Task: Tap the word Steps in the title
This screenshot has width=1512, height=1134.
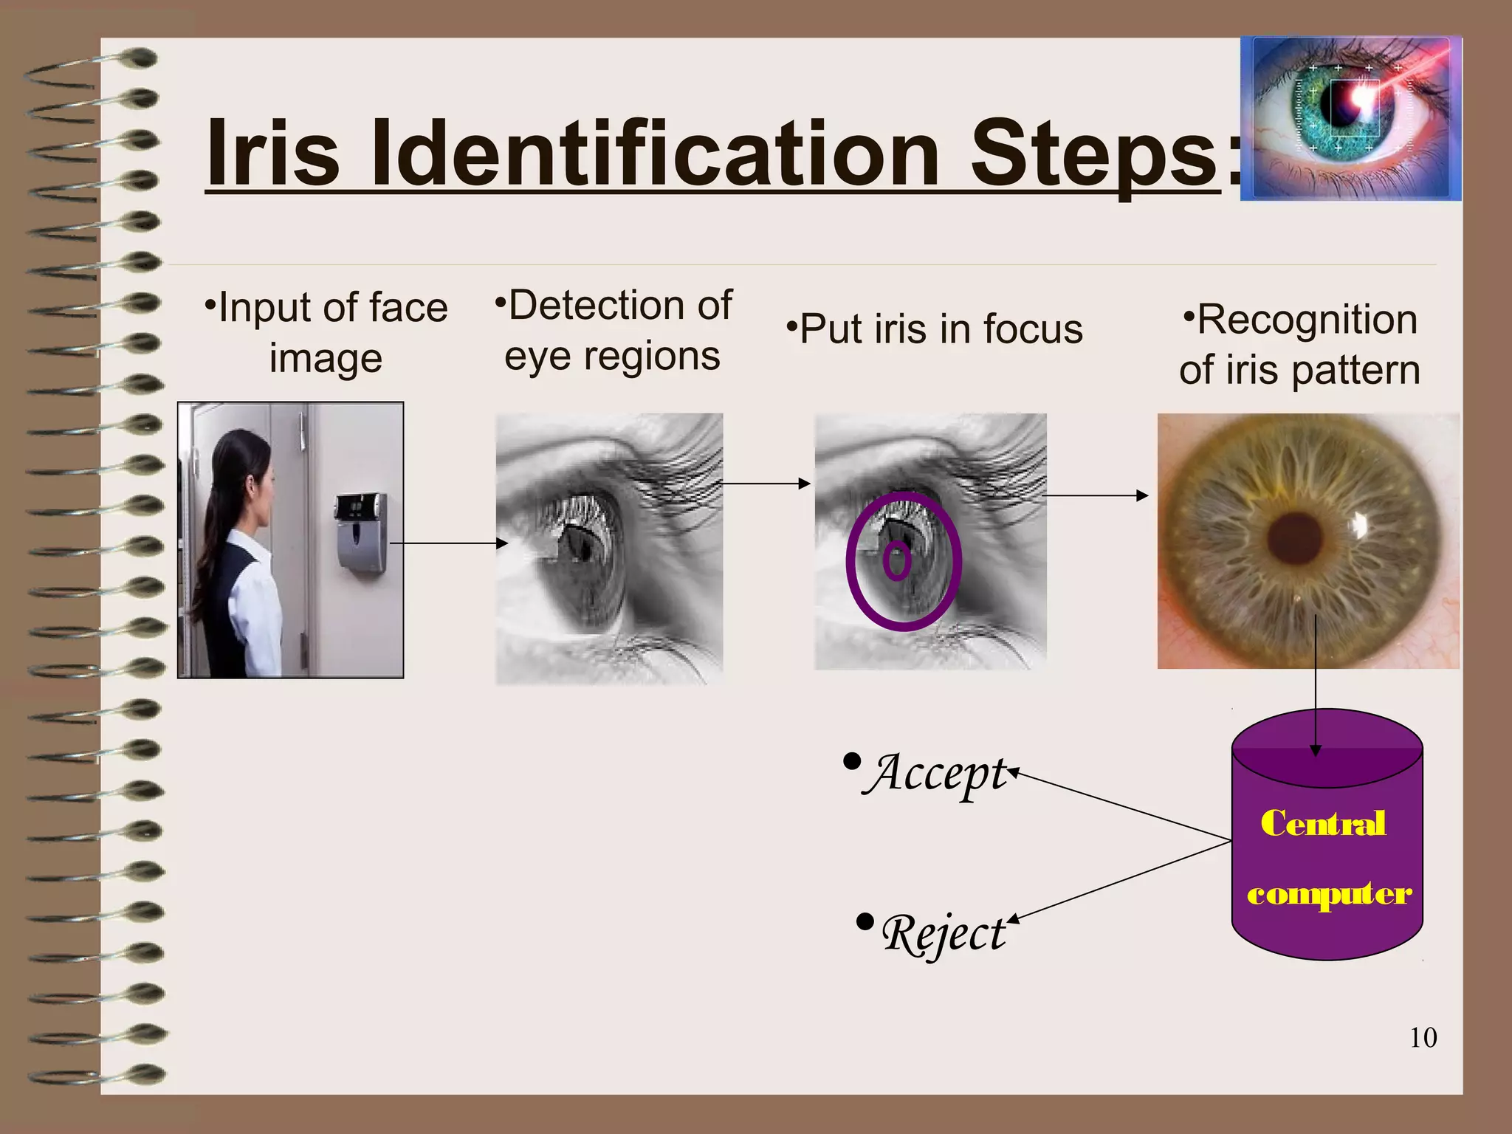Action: point(1093,155)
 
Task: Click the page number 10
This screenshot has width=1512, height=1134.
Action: point(1423,1038)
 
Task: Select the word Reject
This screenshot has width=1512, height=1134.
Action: point(943,934)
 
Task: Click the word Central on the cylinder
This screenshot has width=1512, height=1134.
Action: point(1323,824)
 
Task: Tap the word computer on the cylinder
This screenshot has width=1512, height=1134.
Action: point(1329,894)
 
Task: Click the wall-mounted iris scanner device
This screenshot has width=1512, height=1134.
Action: point(362,532)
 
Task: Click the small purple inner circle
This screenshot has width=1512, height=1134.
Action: point(897,561)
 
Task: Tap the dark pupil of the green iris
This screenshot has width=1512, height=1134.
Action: point(1293,539)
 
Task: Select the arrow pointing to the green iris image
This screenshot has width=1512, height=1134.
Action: point(1096,495)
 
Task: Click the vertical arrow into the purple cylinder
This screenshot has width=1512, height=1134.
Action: point(1315,679)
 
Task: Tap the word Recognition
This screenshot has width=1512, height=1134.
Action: point(1307,320)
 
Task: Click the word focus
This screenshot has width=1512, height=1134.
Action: point(1033,329)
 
